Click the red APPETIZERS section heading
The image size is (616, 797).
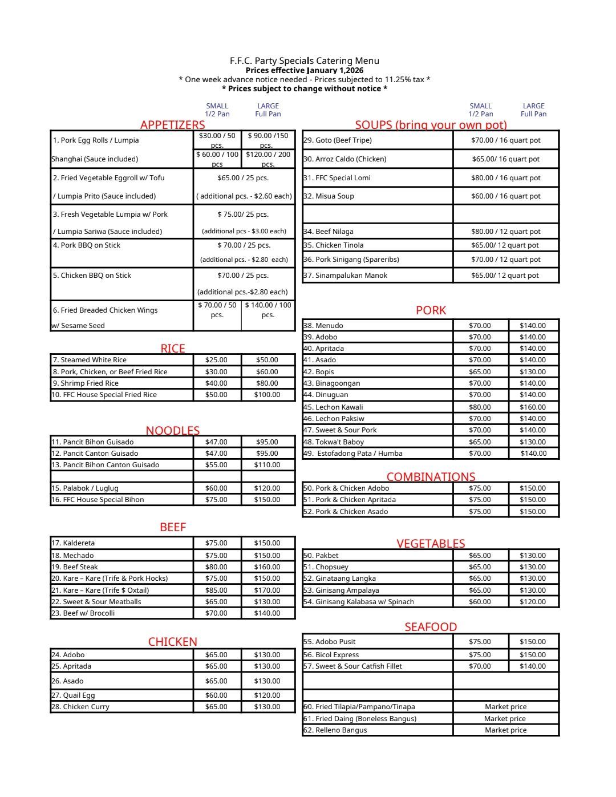click(172, 125)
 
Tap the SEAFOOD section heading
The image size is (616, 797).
click(431, 627)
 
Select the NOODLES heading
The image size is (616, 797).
click(172, 431)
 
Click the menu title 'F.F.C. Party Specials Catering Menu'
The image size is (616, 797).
click(304, 60)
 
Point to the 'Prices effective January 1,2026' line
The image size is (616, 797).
click(304, 70)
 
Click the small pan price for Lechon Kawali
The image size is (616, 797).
click(480, 407)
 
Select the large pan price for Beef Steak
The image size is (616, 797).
click(267, 567)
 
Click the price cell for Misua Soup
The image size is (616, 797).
click(505, 196)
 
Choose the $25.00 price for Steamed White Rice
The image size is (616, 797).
click(216, 360)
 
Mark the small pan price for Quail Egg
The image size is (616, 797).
click(216, 695)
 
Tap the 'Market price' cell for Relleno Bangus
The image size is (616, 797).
click(505, 730)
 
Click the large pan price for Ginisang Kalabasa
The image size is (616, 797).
click(532, 602)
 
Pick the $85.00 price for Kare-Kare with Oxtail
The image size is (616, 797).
click(216, 590)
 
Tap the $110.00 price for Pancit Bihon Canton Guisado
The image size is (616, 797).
click(267, 465)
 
